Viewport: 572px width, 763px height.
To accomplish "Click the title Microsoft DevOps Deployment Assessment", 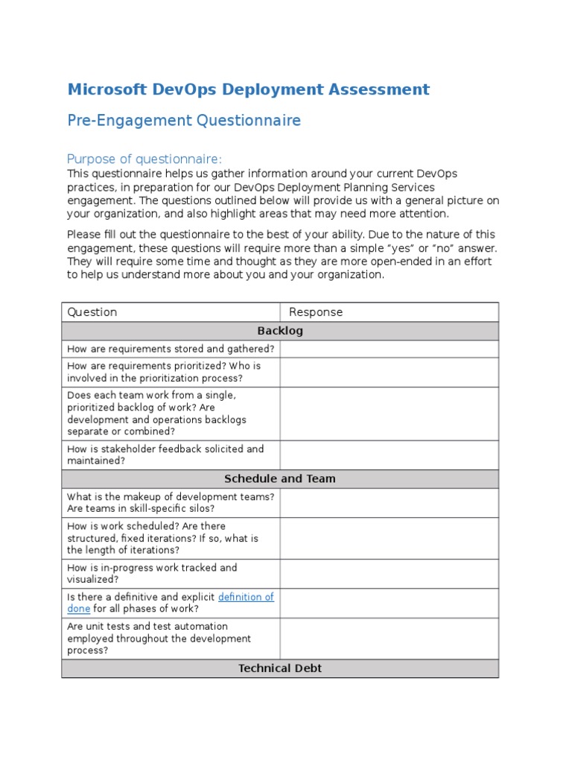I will tap(248, 90).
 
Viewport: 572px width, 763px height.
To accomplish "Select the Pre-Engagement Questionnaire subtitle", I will tap(184, 121).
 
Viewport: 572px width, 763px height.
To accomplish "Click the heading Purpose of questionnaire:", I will tap(144, 159).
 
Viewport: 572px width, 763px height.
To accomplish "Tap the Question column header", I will tap(92, 312).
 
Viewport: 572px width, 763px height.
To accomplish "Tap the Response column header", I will tap(316, 312).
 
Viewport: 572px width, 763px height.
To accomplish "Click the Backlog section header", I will tap(280, 331).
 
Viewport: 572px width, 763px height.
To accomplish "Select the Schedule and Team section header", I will tap(280, 479).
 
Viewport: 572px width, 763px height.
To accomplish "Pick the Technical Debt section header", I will tap(280, 668).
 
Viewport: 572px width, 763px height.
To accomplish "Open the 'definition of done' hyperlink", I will tap(246, 597).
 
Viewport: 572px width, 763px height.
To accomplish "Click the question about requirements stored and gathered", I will tap(171, 349).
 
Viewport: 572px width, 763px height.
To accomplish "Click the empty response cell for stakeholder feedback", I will tap(389, 455).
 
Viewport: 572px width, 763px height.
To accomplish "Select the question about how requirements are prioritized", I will tap(164, 372).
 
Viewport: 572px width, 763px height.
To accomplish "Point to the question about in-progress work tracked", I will tap(152, 573).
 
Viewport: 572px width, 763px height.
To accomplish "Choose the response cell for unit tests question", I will tap(389, 639).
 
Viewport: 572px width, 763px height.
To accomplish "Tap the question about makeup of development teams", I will tap(171, 502).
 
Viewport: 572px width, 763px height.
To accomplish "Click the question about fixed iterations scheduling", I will tap(162, 538).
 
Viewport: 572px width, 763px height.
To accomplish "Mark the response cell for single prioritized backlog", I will tap(389, 413).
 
